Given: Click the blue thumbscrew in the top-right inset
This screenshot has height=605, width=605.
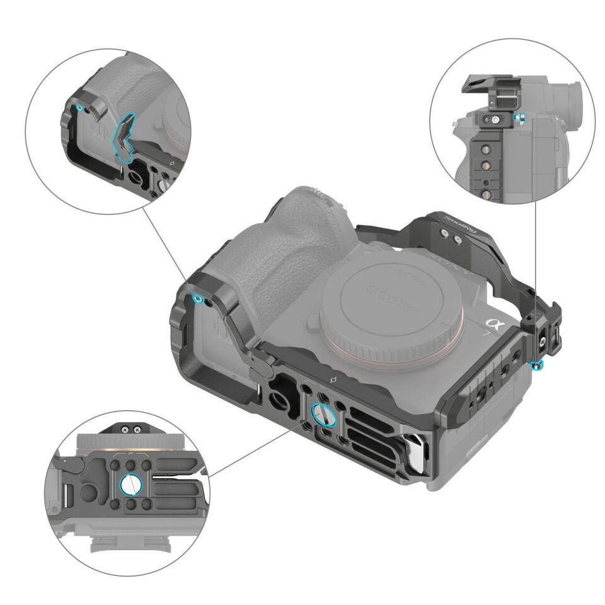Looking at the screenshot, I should [x=518, y=118].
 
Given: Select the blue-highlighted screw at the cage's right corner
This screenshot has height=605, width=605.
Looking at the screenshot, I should [x=536, y=366].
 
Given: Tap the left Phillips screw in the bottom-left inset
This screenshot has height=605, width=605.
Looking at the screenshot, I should [x=127, y=429].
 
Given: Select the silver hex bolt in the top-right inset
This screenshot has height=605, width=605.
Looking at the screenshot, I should [x=497, y=118].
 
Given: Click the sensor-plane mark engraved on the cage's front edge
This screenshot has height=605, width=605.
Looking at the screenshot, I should [x=333, y=379].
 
